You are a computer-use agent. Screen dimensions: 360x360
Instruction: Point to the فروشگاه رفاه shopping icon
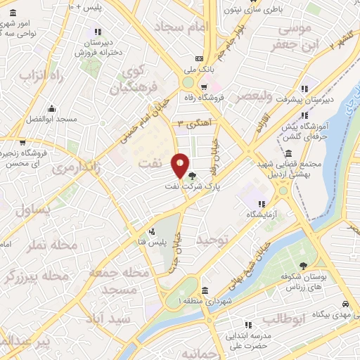[x=203, y=88]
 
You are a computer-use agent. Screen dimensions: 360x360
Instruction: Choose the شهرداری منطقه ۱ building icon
[x=204, y=290]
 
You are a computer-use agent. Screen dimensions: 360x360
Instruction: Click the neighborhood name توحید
[x=213, y=241]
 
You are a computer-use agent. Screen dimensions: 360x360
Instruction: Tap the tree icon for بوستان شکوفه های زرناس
[x=303, y=266]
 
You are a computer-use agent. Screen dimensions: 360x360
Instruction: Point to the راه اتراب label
[x=37, y=75]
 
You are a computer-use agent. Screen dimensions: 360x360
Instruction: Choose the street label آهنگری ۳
[x=189, y=122]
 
